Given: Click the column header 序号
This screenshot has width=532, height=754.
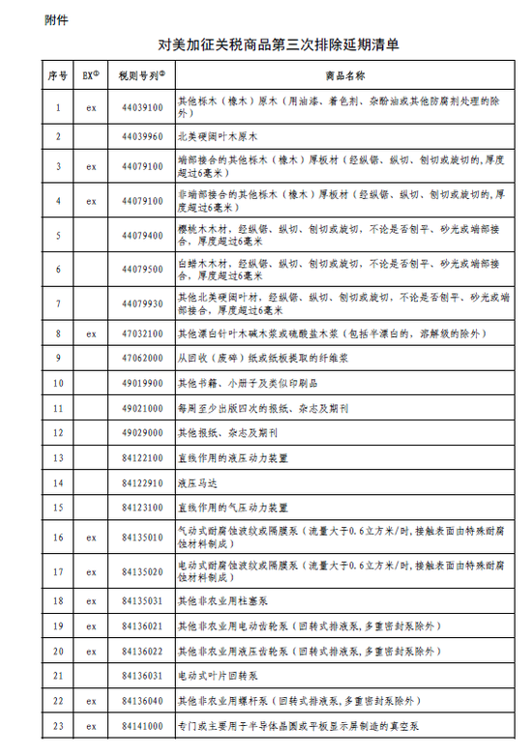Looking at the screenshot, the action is tap(57, 75).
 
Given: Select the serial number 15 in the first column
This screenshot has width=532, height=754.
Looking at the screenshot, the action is tap(57, 507).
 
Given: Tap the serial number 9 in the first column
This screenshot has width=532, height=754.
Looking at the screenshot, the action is tap(57, 358).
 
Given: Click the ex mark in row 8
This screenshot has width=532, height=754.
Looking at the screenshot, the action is tap(91, 333).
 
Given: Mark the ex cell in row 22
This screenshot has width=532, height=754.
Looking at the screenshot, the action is tap(91, 701).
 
